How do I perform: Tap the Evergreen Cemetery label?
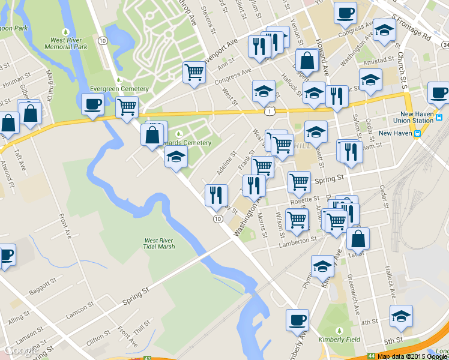pos(119,89)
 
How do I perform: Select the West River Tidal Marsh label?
pos(159,244)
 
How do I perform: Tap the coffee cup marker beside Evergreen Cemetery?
pos(92,104)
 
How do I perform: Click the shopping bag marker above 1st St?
pos(358,238)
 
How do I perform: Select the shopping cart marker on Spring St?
pos(299,182)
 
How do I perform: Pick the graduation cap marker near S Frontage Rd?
pos(384,30)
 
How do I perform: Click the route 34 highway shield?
pos(445,44)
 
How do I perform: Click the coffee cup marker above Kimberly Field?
pos(297,320)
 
